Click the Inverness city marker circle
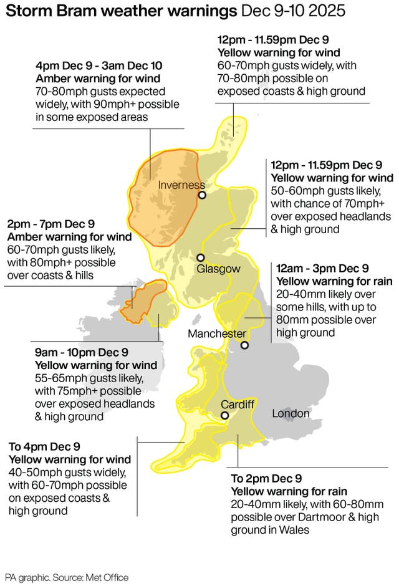[202, 195]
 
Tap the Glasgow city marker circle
[200, 257]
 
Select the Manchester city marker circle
[244, 345]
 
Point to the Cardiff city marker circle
[224, 415]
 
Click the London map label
[291, 413]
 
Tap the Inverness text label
[181, 185]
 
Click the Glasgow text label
[218, 269]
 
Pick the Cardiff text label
[238, 404]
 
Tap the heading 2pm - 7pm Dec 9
[51, 224]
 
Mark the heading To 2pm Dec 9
[266, 478]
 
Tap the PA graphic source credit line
[67, 577]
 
